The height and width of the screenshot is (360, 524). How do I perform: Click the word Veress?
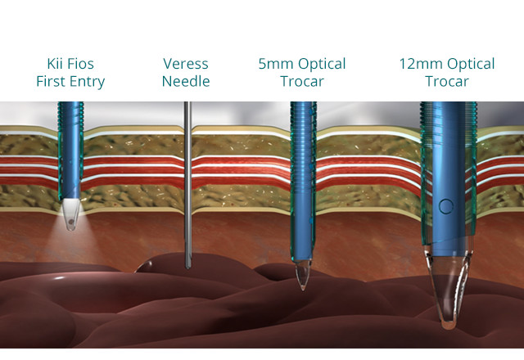coord(186,64)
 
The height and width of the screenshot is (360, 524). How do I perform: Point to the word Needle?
coord(186,82)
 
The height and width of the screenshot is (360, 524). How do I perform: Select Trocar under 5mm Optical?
coord(301,82)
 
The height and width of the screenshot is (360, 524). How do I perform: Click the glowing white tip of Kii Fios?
coord(71,215)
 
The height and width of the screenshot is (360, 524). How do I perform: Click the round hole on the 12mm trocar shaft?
coord(445,205)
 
